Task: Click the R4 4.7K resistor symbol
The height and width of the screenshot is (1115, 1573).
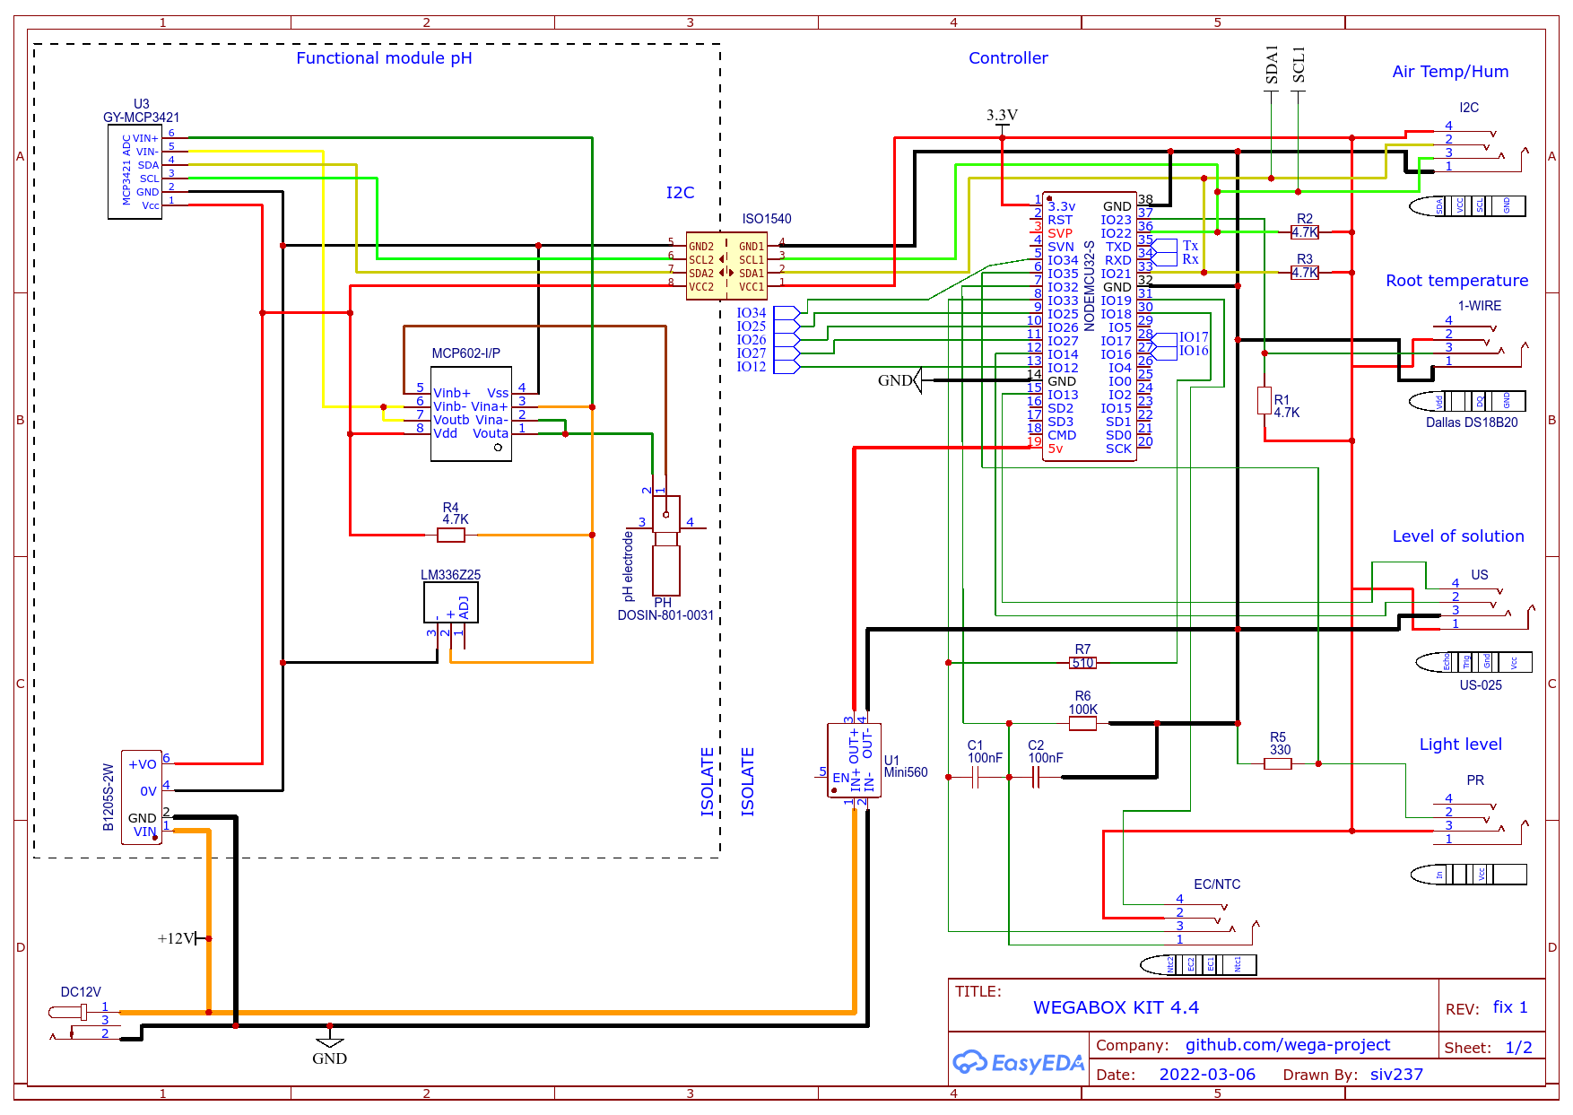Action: [x=451, y=536]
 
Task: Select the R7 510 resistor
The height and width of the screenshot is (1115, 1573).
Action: [x=1082, y=663]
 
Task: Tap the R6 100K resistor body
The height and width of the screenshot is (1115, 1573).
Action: [x=1082, y=723]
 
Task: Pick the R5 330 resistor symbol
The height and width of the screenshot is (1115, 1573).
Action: [x=1278, y=763]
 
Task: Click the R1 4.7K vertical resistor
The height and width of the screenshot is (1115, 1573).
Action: [x=1264, y=400]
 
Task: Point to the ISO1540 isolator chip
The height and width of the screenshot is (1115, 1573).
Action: [x=726, y=266]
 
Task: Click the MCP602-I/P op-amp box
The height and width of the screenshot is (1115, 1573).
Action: [x=471, y=414]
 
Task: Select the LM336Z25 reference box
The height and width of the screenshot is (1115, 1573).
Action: [x=451, y=602]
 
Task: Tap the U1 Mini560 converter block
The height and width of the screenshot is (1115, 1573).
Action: [x=854, y=761]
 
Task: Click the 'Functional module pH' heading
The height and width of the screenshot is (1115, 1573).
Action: [x=384, y=58]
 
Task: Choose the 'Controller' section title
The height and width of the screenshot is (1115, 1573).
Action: [x=1008, y=58]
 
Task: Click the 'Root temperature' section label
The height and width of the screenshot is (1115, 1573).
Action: [x=1456, y=281]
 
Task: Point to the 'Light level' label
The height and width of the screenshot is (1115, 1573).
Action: [x=1460, y=745]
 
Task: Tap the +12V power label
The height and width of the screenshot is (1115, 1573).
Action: [x=176, y=938]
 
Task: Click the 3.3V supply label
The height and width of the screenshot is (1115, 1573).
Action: [x=1002, y=116]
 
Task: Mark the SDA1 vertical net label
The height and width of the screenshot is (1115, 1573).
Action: [x=1272, y=65]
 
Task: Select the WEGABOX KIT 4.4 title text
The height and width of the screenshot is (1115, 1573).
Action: [x=1116, y=1007]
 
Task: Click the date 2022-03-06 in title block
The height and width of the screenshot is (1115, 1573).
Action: [x=1207, y=1075]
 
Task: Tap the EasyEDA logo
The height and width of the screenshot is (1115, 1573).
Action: [x=1018, y=1063]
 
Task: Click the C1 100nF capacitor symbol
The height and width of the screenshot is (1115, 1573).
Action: [x=976, y=778]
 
